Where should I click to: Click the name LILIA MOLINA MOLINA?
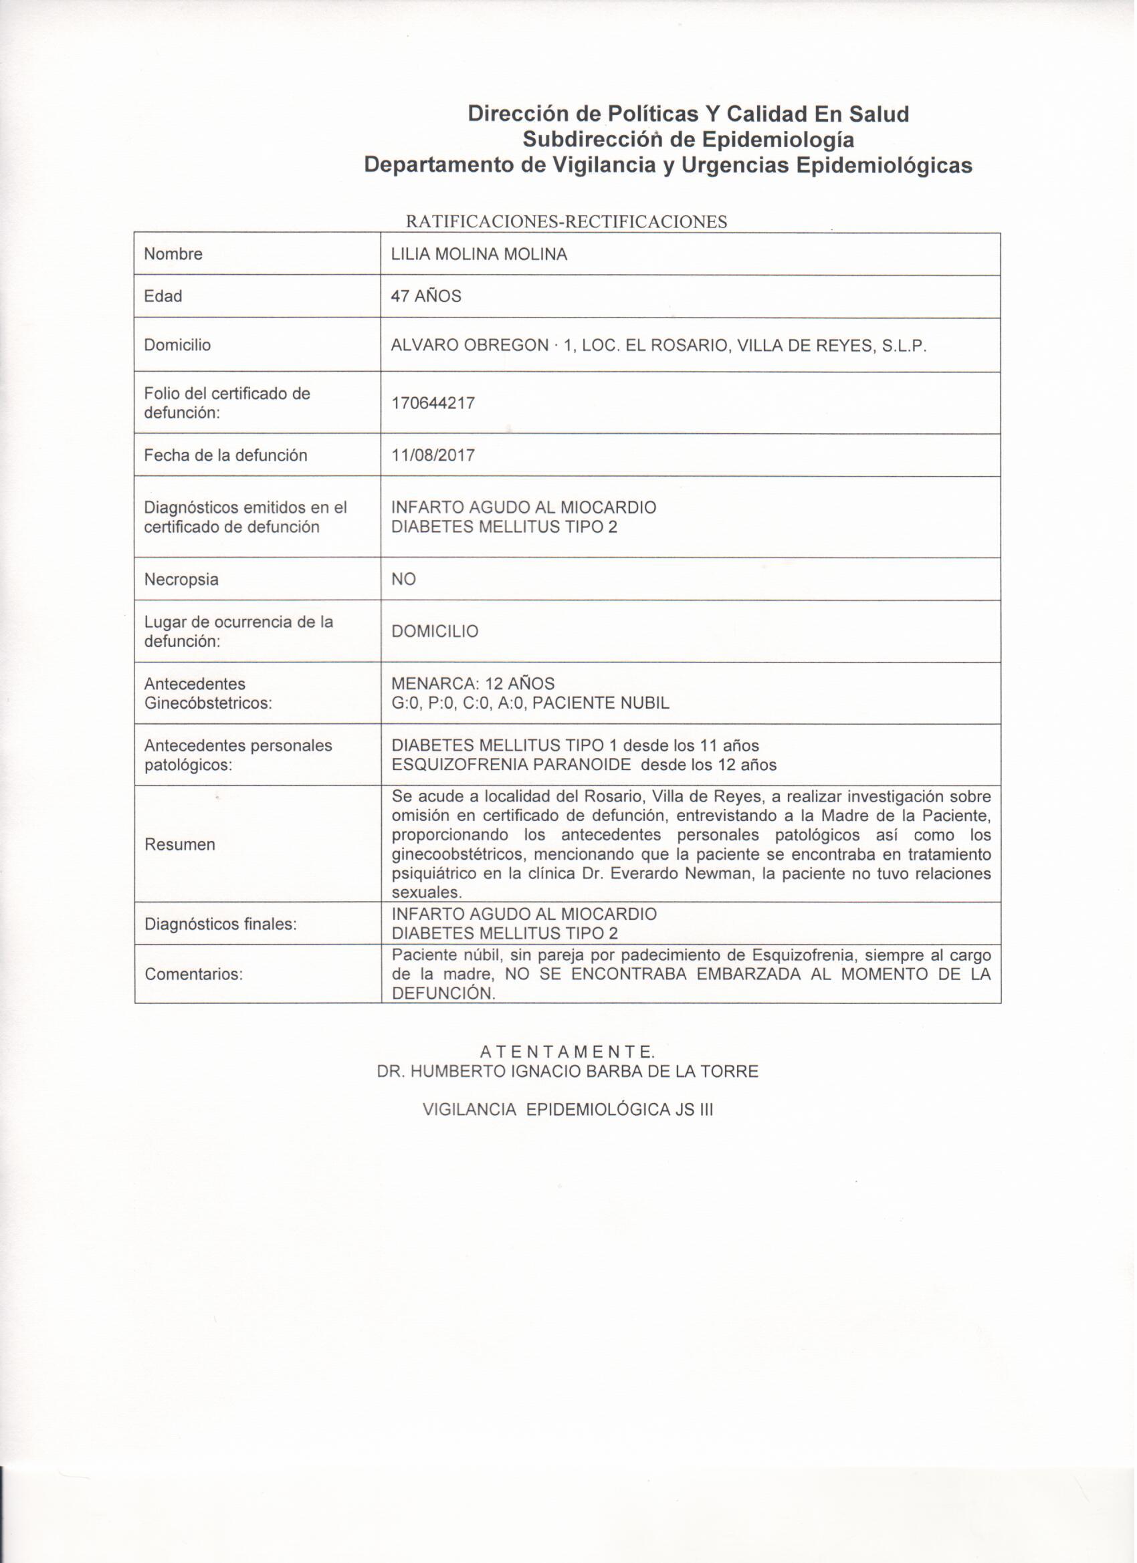pyautogui.click(x=479, y=254)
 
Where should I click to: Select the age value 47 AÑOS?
pyautogui.click(x=426, y=296)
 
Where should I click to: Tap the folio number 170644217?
pyautogui.click(x=433, y=403)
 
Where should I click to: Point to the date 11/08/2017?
pyautogui.click(x=433, y=455)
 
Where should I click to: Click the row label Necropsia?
pyautogui.click(x=181, y=580)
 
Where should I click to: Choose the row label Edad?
pyautogui.click(x=163, y=296)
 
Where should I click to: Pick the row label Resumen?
pyautogui.click(x=179, y=844)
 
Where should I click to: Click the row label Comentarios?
pyautogui.click(x=194, y=975)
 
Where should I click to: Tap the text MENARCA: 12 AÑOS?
pyautogui.click(x=472, y=684)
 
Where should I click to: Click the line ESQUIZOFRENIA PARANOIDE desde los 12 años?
pyautogui.click(x=583, y=764)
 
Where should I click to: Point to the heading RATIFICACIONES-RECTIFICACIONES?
pyautogui.click(x=566, y=222)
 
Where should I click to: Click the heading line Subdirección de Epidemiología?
pyautogui.click(x=688, y=139)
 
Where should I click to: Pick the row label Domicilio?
pyautogui.click(x=177, y=345)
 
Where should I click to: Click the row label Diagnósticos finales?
pyautogui.click(x=221, y=924)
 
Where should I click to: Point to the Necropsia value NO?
pyautogui.click(x=403, y=580)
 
